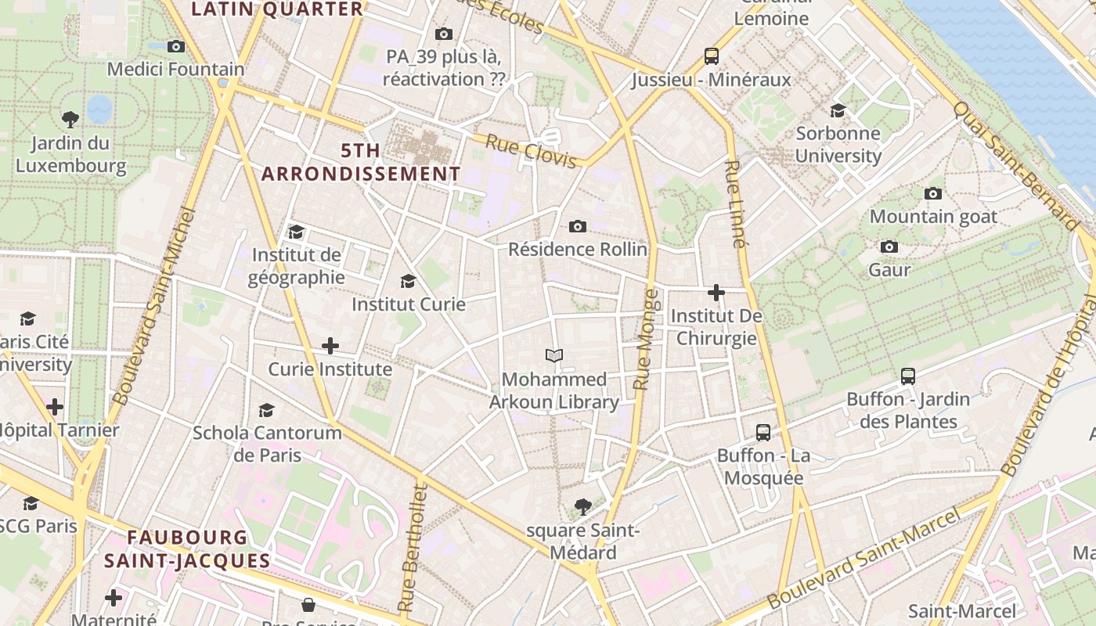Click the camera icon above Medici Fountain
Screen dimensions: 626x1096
tap(176, 46)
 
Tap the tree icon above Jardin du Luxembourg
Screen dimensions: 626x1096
tap(70, 120)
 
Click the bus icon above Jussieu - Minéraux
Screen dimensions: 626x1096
tap(711, 56)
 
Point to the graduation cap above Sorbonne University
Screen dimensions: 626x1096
tap(838, 110)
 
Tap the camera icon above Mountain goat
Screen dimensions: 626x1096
tap(932, 193)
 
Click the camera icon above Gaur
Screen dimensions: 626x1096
tap(889, 247)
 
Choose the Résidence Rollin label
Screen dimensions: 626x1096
tap(578, 249)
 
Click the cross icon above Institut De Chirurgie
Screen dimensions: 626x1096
tap(716, 293)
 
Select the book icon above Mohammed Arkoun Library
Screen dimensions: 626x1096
tap(554, 356)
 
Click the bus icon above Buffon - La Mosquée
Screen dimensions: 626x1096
tap(763, 432)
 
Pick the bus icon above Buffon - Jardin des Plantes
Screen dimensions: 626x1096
tap(907, 376)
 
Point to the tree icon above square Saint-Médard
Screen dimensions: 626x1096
tap(582, 507)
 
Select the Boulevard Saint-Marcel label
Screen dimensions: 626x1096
tap(863, 559)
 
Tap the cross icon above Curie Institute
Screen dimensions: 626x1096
tap(330, 345)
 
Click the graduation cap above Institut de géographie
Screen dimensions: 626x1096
tap(296, 232)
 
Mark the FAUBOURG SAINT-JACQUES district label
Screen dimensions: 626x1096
tap(187, 549)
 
